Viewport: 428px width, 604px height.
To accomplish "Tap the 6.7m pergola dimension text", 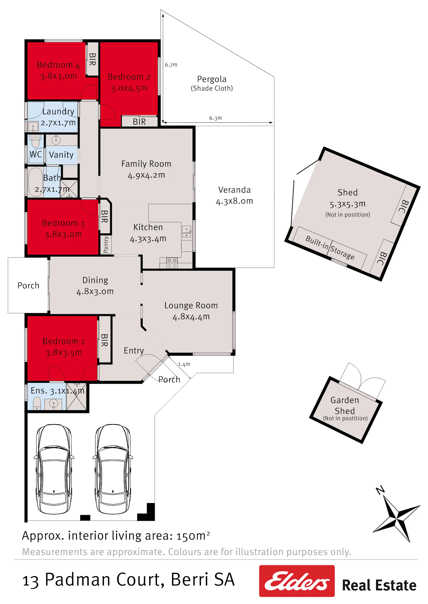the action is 171,65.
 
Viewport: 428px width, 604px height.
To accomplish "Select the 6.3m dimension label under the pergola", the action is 215,118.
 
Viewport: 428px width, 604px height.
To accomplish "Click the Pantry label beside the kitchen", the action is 106,245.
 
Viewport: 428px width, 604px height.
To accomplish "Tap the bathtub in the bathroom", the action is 35,182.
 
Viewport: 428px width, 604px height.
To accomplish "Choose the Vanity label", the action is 61,155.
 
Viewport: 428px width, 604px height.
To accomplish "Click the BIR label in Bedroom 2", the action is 139,122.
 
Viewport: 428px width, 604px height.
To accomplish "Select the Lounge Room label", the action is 191,305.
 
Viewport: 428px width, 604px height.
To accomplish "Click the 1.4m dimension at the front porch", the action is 184,364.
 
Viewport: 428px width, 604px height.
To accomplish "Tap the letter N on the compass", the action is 380,491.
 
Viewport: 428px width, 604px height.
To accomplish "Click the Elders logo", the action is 297,581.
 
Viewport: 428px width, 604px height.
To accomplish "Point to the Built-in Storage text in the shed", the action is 330,248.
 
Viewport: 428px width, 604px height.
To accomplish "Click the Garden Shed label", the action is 345,405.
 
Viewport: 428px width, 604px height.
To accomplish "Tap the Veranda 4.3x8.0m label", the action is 234,195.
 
